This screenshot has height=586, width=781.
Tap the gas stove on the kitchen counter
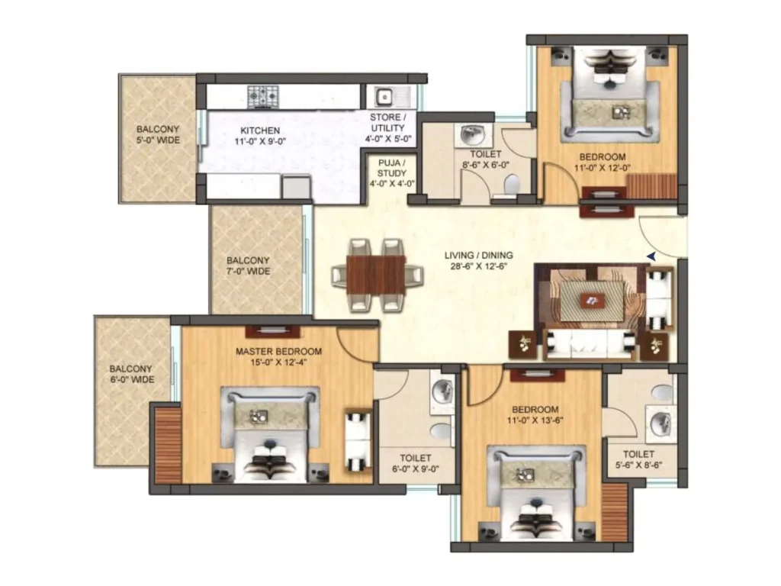click(x=263, y=96)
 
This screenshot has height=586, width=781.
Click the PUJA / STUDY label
click(x=391, y=168)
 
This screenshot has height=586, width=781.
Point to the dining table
click(x=376, y=275)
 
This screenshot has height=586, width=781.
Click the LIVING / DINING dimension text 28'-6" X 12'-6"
click(x=479, y=266)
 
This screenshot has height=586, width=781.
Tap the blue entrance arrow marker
click(x=651, y=256)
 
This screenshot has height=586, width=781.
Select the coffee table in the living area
click(x=592, y=301)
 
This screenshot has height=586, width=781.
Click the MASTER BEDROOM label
click(x=278, y=351)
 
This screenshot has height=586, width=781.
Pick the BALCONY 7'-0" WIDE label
click(x=248, y=266)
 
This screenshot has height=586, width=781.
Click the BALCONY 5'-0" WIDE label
click(x=159, y=135)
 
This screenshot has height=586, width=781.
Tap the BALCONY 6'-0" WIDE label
click(x=131, y=374)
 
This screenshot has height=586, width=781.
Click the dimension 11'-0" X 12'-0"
click(x=603, y=168)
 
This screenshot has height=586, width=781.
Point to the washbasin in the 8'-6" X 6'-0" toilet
click(x=472, y=134)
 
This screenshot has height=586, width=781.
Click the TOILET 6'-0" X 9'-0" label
click(x=416, y=463)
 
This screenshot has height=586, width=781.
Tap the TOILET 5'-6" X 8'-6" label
click(x=638, y=459)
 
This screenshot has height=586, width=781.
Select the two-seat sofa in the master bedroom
click(x=358, y=441)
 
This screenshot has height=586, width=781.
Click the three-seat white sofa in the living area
click(x=590, y=344)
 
